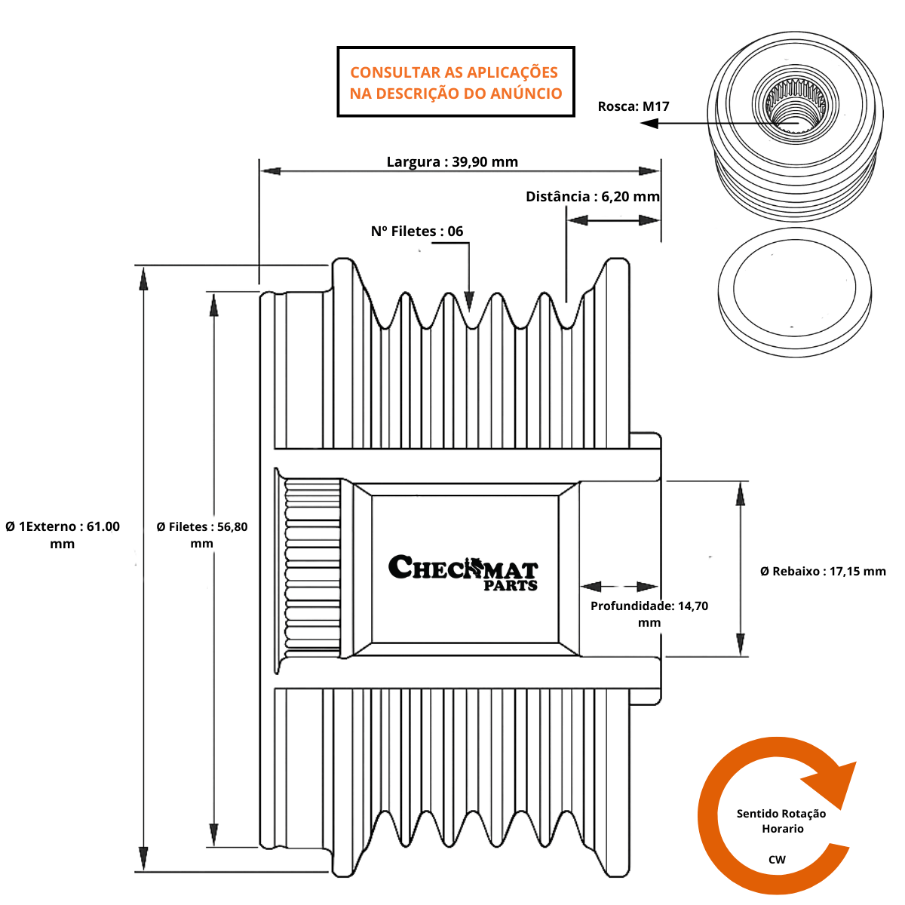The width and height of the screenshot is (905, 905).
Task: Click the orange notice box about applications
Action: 456,82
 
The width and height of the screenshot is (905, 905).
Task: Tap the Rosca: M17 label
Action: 633,106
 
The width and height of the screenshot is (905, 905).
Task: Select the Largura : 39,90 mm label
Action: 452,161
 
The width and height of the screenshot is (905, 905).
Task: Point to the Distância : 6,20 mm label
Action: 592,197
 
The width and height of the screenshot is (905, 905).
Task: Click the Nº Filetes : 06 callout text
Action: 416,232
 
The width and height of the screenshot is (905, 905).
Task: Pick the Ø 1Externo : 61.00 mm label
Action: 63,535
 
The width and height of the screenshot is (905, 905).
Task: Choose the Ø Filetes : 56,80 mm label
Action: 202,535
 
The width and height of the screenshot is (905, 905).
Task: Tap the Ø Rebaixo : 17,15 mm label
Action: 823,572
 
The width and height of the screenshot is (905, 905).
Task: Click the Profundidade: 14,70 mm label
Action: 649,614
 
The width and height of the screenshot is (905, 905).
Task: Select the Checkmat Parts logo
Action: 463,573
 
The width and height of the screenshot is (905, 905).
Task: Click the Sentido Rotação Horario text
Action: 781,821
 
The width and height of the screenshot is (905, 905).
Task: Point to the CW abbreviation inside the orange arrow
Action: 777,860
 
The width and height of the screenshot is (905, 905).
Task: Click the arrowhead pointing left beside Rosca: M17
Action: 649,122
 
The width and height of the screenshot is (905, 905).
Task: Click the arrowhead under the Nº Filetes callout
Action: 469,302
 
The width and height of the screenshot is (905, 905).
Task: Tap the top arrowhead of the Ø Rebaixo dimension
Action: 741,492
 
